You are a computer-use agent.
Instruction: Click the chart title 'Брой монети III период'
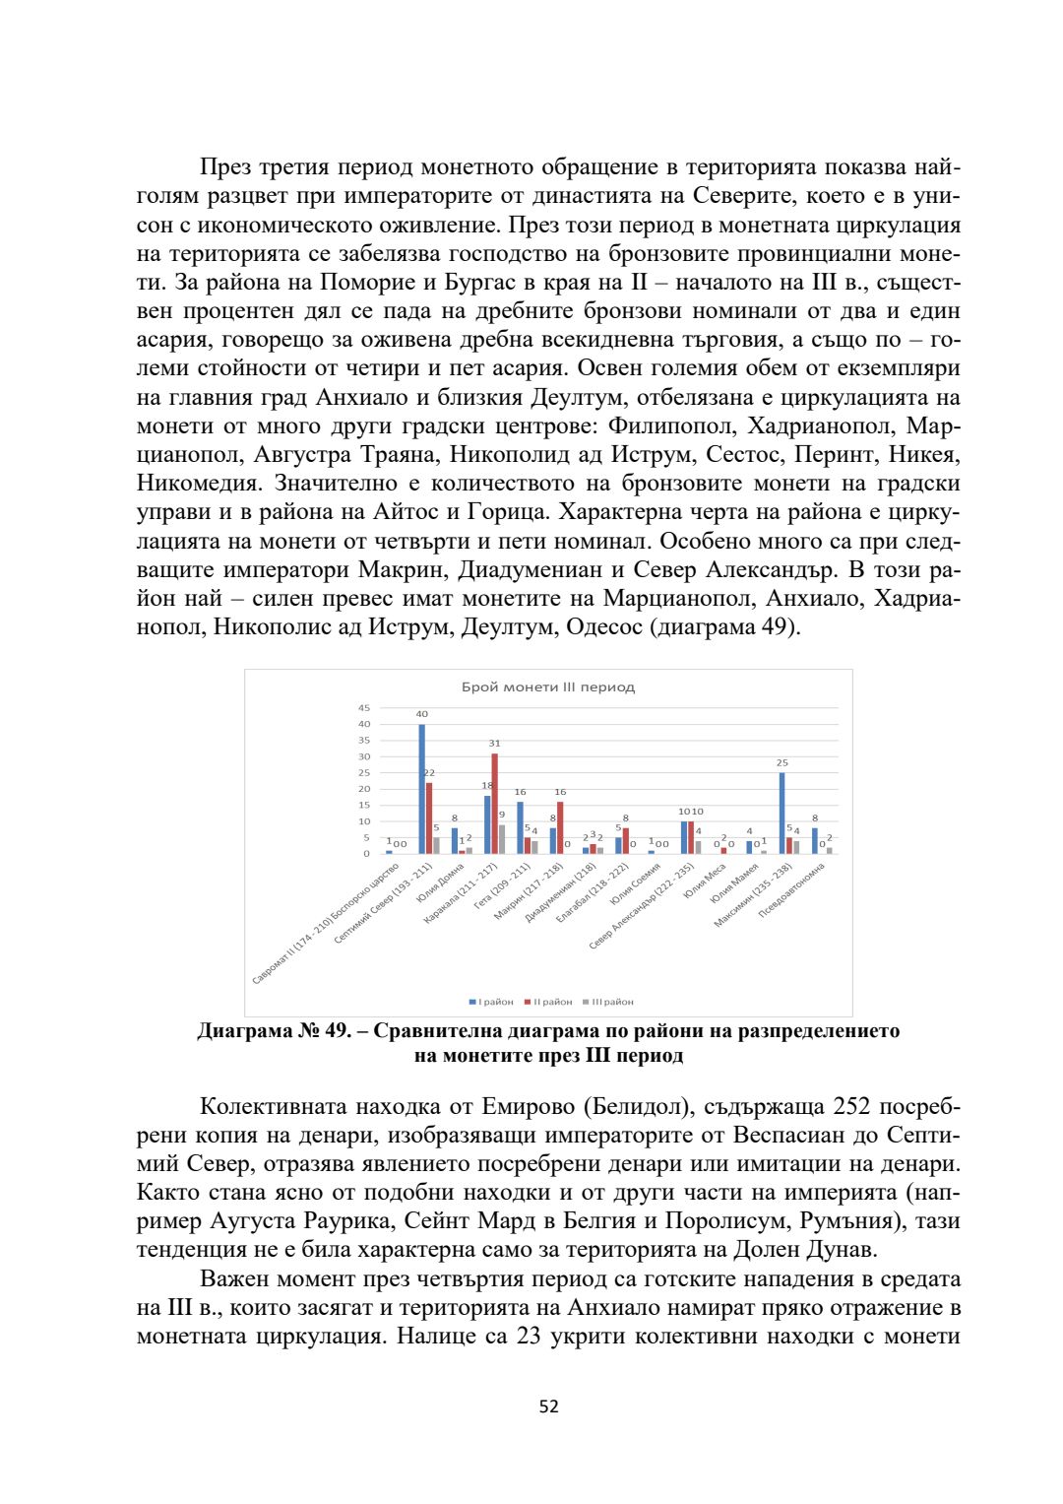pos(548,687)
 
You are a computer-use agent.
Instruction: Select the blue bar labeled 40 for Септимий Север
pos(422,789)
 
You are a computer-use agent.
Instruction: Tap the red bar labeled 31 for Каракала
pos(495,803)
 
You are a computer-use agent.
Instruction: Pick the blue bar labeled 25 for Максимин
pos(782,813)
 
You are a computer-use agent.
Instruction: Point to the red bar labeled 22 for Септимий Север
pos(429,817)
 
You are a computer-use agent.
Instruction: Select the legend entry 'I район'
pos(492,1002)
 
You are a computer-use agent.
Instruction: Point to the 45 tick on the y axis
pos(364,707)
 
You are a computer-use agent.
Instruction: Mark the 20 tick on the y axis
pos(364,789)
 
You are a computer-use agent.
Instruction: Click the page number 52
pos(549,1406)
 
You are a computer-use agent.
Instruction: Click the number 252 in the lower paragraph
pos(853,1107)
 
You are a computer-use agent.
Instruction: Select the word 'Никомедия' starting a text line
pos(199,484)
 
